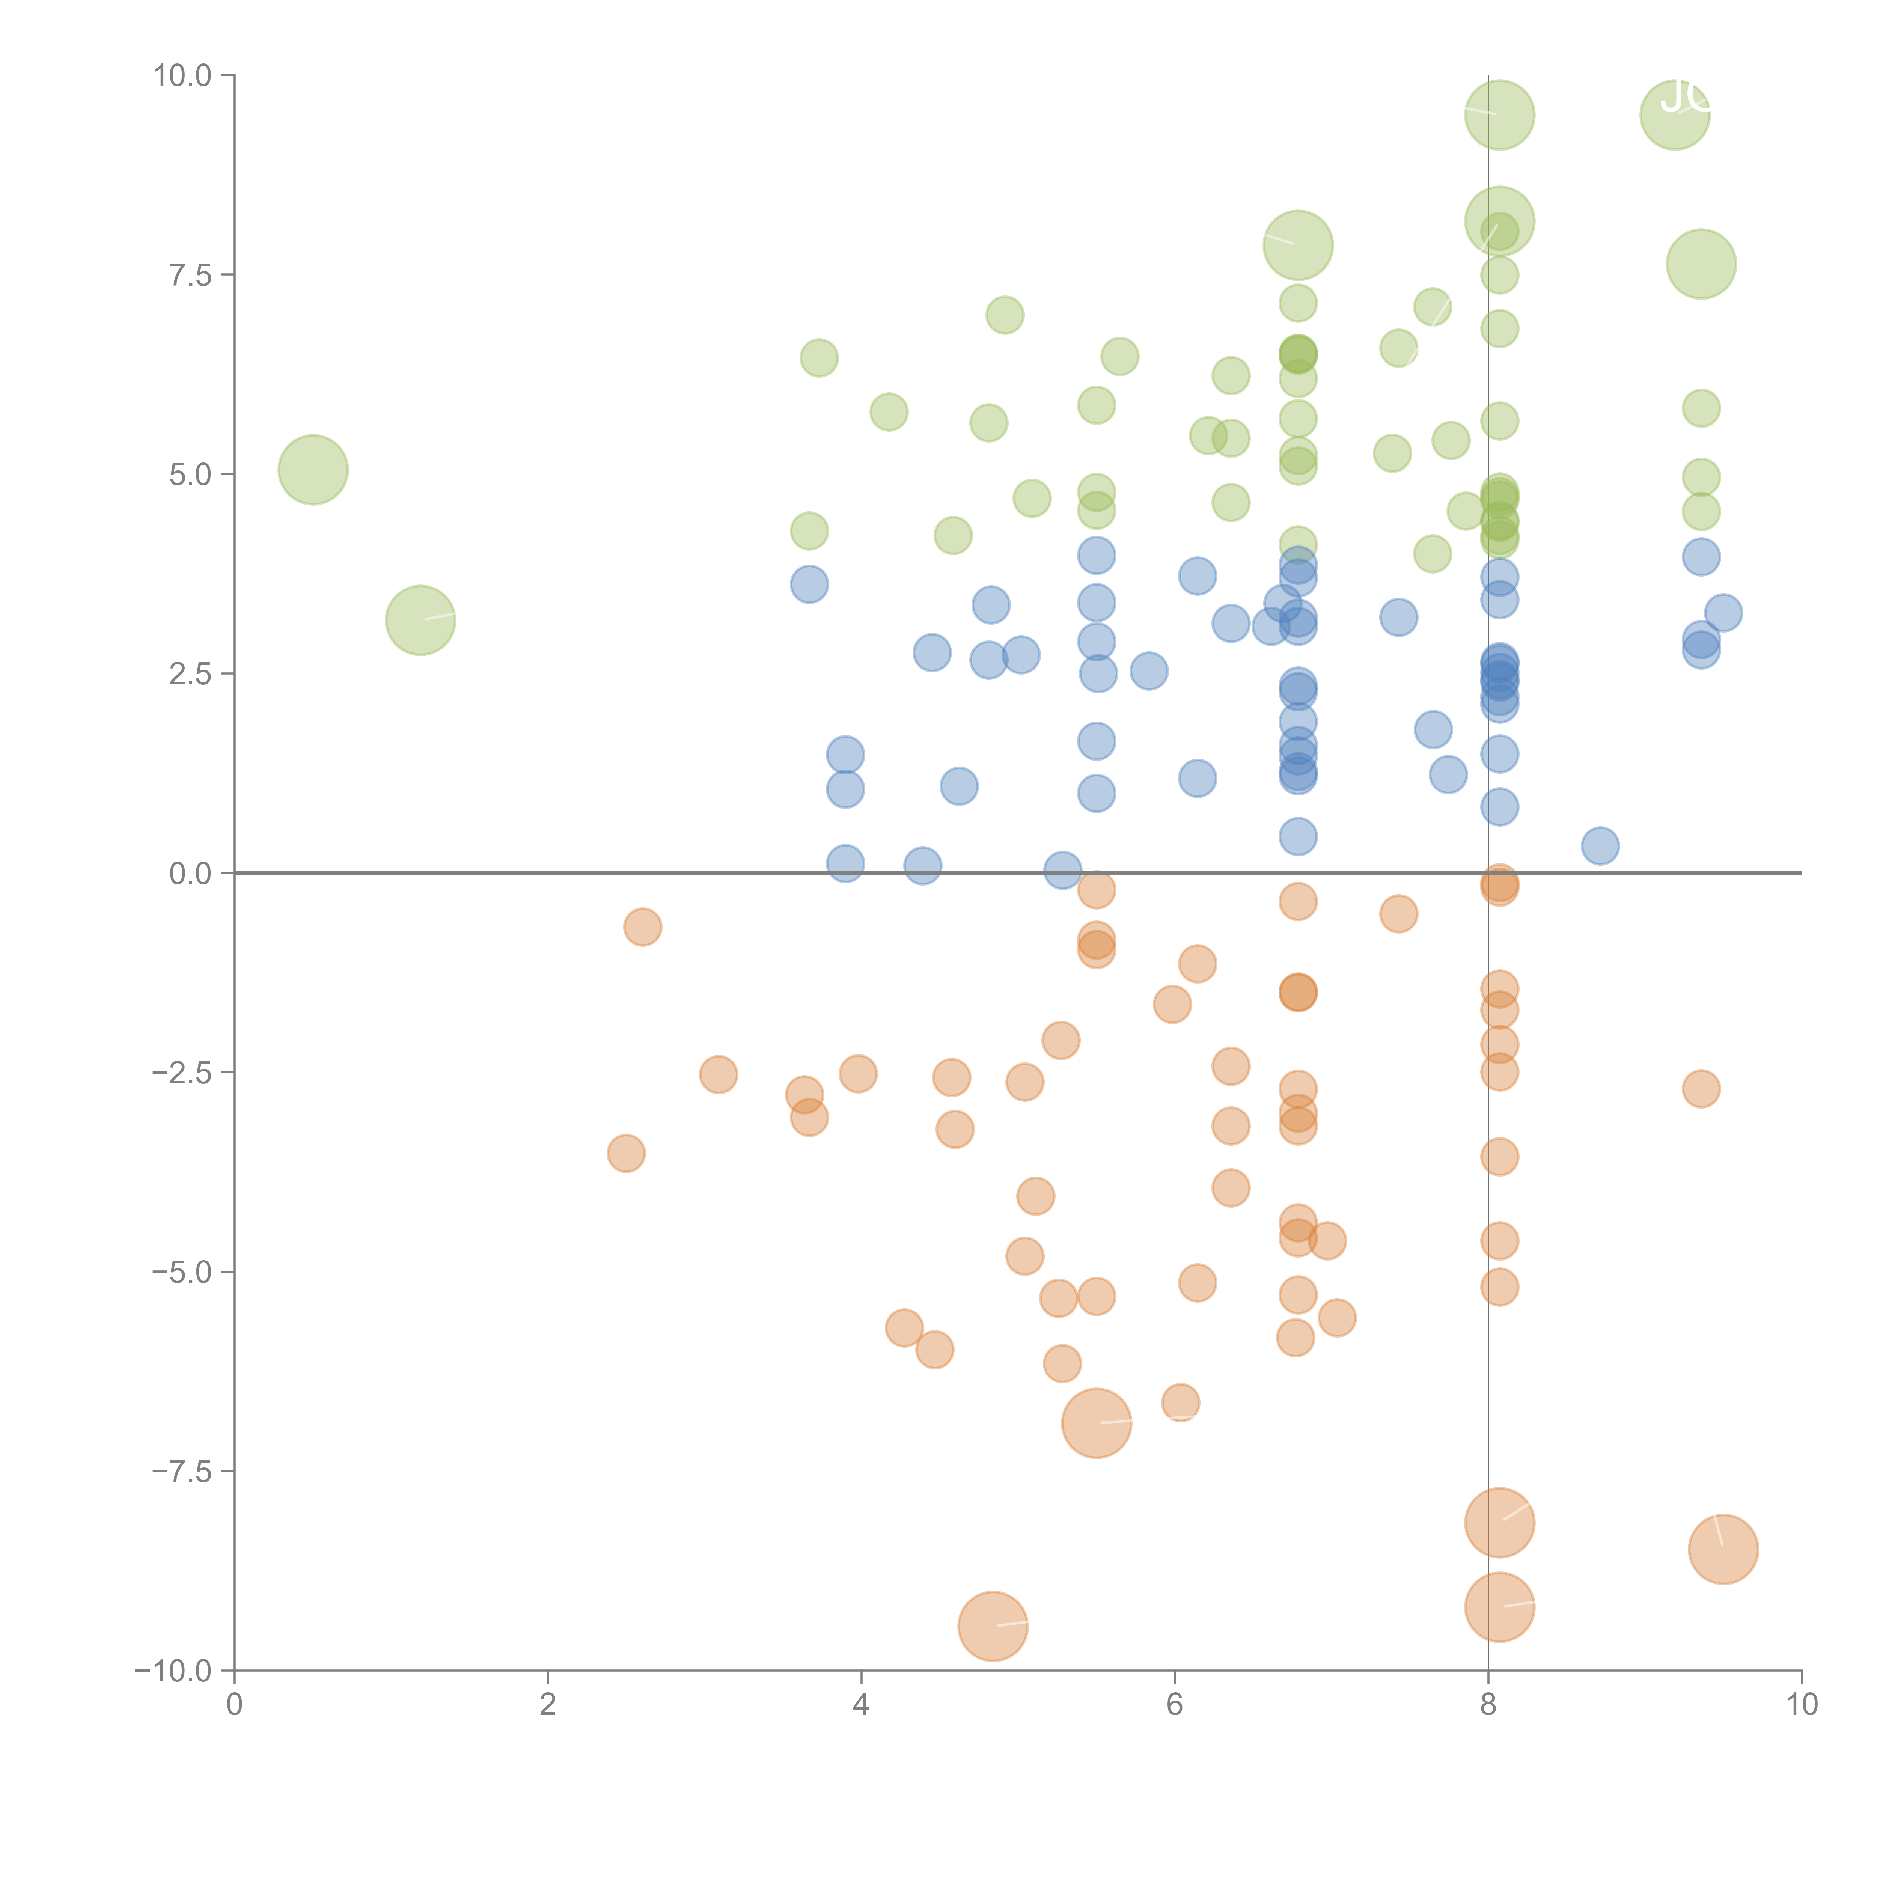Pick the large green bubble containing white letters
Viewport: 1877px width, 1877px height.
tap(1674, 114)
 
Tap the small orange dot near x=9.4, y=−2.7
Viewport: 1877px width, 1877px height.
tap(1700, 1089)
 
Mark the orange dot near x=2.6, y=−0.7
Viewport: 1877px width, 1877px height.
tap(642, 928)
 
